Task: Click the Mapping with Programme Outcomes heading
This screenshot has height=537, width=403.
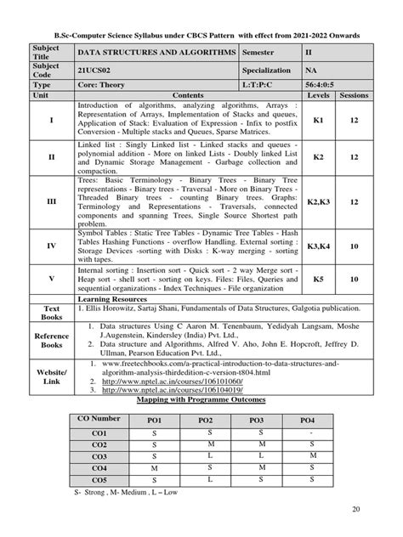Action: (201, 398)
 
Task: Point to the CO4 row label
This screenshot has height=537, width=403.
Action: (99, 466)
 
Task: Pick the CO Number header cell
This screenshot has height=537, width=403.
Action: (99, 419)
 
